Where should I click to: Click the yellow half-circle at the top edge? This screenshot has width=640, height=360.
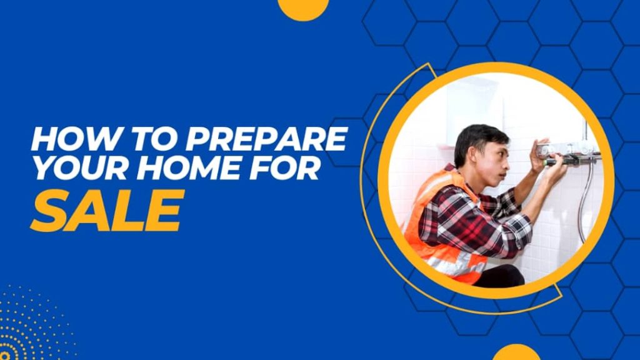303,9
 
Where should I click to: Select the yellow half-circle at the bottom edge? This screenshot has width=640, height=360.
516,352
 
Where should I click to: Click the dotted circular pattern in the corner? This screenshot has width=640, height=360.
29,326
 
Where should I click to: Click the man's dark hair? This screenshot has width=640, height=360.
478,137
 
